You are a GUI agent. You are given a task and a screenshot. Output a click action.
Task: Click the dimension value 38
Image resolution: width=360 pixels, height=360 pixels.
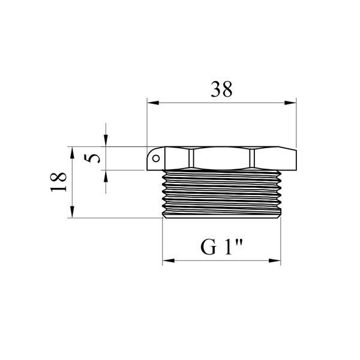221,89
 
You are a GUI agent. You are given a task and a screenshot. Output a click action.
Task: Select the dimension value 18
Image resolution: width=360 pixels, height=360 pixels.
59,182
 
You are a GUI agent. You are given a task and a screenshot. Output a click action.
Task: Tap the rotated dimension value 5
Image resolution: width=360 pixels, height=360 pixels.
92,158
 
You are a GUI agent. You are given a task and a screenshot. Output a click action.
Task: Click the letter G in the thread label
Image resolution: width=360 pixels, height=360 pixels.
208,247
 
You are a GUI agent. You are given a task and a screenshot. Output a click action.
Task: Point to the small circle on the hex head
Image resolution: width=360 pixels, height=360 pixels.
156,158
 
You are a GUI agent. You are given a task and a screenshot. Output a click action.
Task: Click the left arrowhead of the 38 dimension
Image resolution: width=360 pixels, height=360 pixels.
153,103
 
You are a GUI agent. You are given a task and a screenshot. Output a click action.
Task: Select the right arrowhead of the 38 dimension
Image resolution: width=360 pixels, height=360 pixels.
290,103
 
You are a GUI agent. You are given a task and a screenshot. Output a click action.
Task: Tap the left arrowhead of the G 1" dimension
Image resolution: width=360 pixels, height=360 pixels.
168,260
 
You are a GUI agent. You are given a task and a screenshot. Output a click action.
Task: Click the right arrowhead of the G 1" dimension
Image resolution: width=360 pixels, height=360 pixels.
275,260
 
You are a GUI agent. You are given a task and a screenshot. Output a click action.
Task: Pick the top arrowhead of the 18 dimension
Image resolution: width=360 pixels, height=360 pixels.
72,152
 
